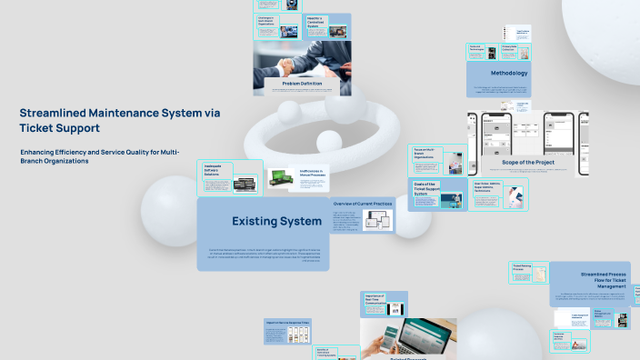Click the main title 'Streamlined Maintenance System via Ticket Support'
coord(119,120)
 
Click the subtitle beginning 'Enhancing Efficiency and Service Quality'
coord(100,155)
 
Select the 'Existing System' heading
coord(276,221)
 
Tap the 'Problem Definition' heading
coord(301,84)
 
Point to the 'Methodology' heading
coord(509,73)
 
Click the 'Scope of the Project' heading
coord(527,162)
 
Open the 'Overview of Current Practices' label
coord(362,204)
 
